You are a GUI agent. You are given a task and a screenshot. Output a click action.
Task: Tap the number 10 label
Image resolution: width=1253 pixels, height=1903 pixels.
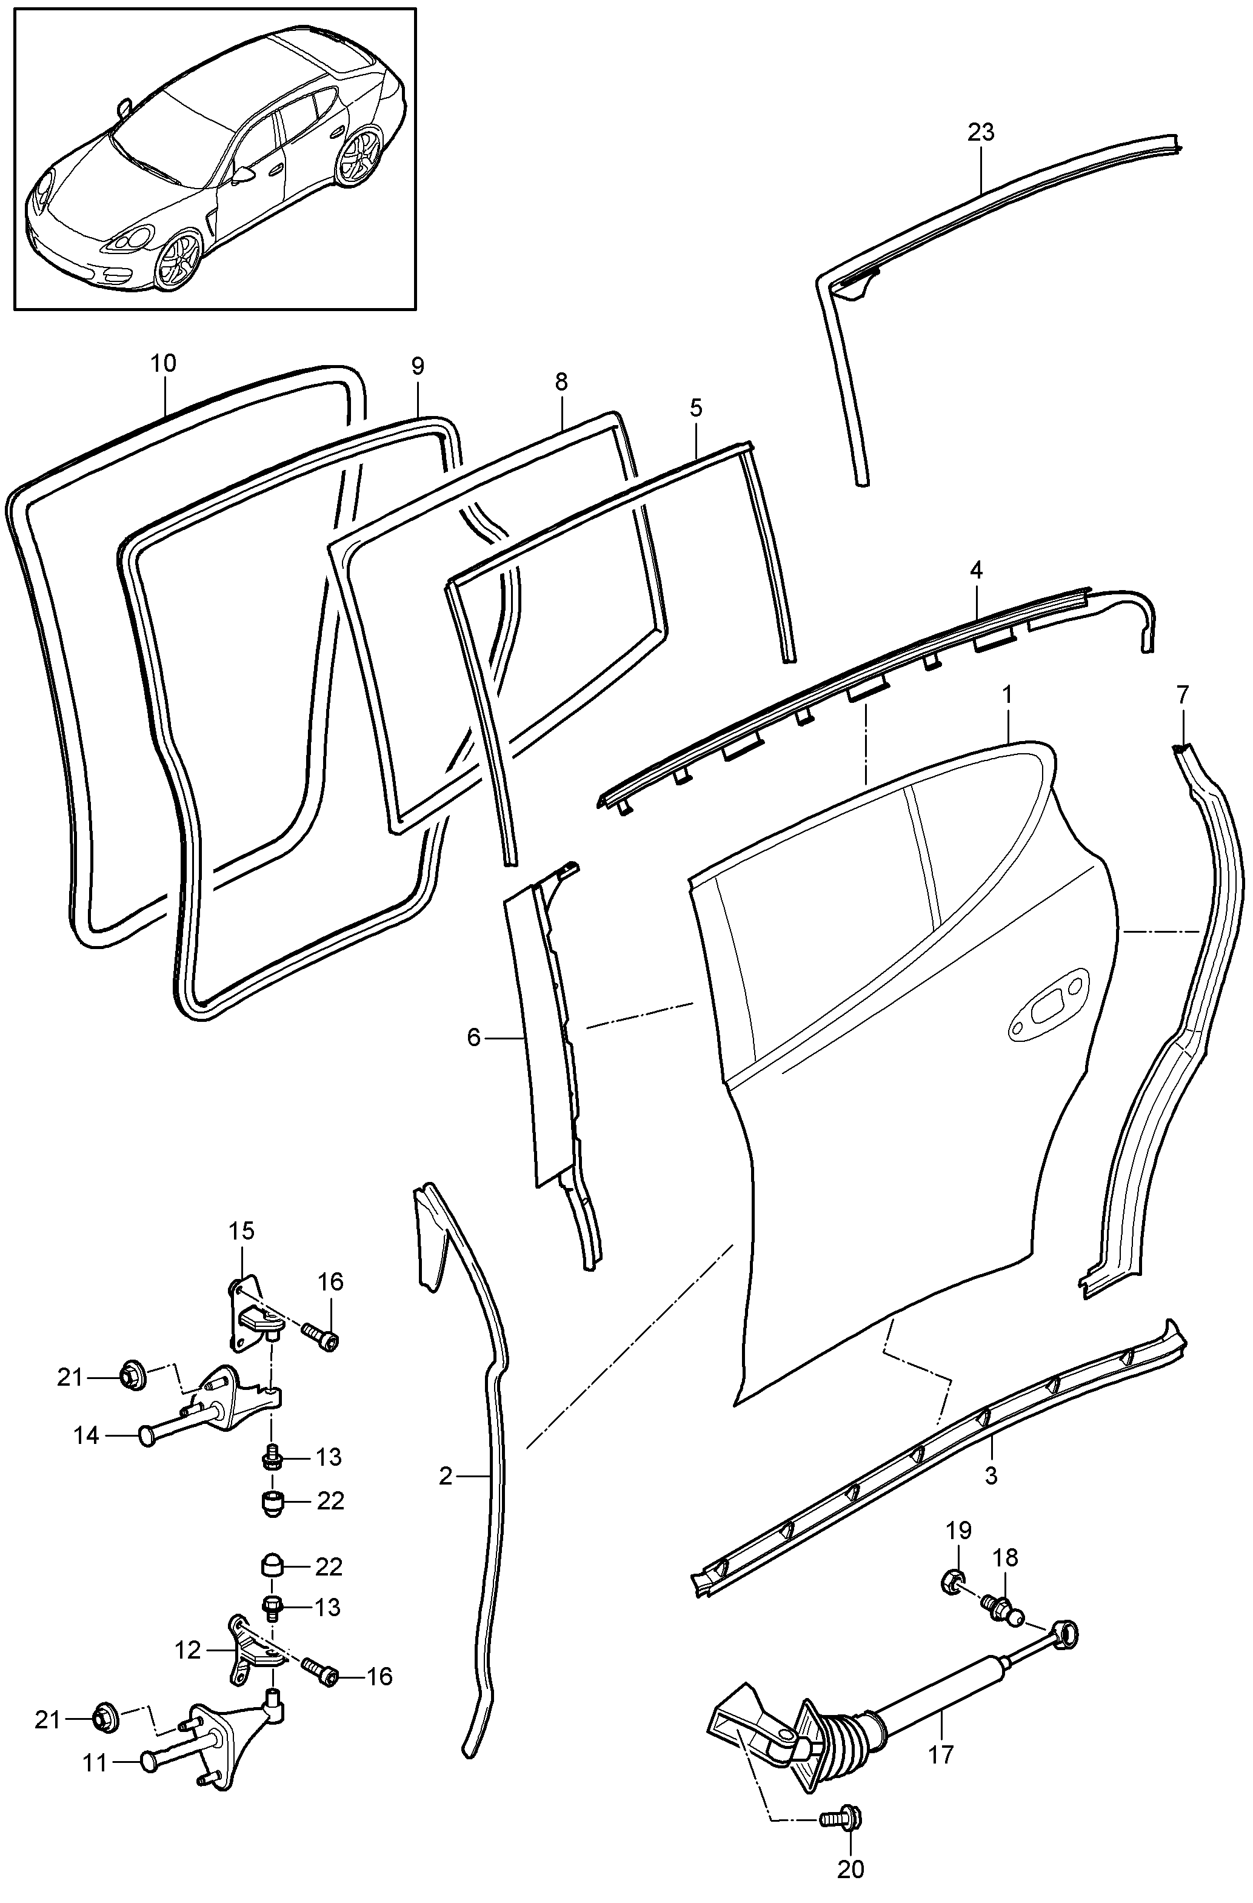(x=163, y=363)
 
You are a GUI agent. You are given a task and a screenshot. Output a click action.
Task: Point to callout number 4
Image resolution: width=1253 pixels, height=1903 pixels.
(x=976, y=570)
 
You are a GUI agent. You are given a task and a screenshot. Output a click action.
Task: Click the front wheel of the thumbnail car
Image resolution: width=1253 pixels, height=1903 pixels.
(x=179, y=258)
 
